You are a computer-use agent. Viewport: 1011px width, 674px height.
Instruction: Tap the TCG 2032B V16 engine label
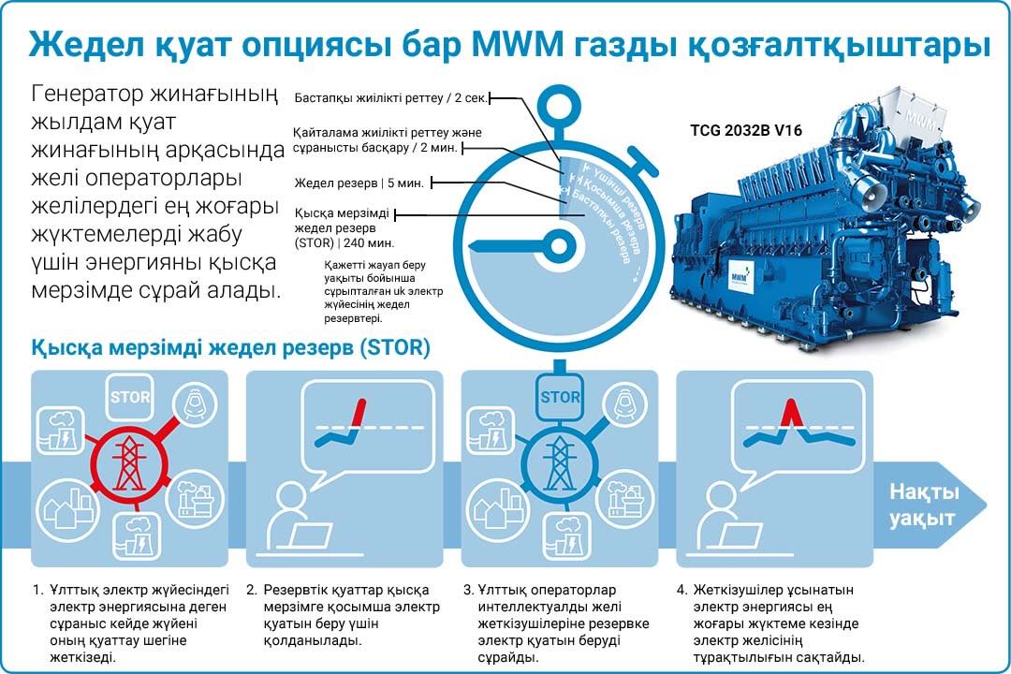pos(746,131)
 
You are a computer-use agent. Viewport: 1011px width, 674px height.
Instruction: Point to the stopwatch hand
pos(515,246)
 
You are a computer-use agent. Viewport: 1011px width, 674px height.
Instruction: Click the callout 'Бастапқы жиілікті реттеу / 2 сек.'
pos(391,97)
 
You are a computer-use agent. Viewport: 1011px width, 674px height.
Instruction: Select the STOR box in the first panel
pos(130,397)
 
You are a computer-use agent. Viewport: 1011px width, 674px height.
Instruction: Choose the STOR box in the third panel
pos(559,397)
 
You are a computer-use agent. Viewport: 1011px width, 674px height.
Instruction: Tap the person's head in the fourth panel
pos(719,496)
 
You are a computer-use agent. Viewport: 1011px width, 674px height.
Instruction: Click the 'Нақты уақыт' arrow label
pos(923,505)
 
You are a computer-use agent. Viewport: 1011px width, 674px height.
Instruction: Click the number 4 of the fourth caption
pos(681,591)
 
